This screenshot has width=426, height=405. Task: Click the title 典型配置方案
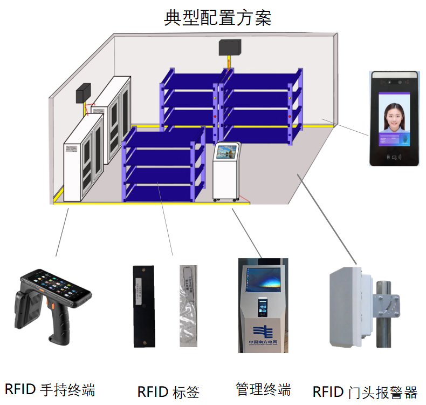217,18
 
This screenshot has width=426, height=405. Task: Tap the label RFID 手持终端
50,389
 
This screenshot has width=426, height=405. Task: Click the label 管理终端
263,389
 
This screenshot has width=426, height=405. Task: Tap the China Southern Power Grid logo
262,330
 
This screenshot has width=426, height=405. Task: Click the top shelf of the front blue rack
162,138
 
